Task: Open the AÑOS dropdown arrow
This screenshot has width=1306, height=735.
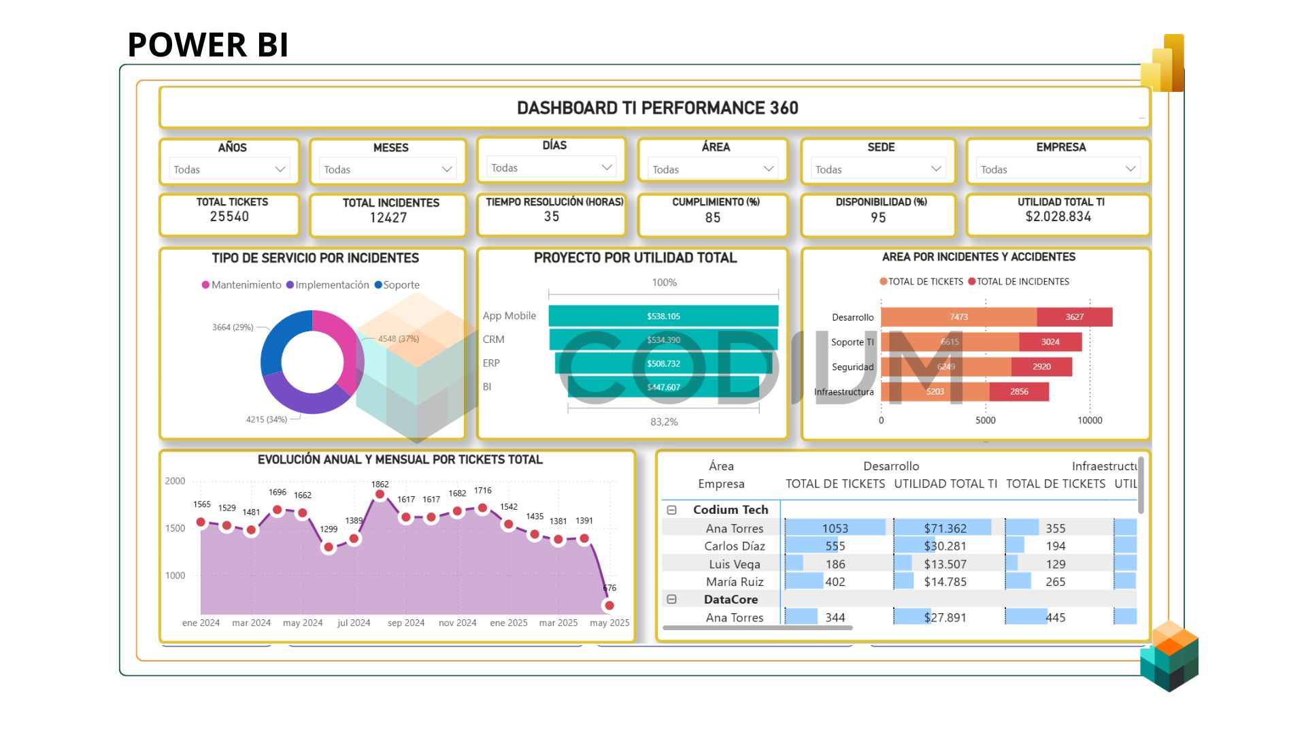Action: pos(280,169)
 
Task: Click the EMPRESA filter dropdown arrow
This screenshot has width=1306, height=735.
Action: pos(1130,169)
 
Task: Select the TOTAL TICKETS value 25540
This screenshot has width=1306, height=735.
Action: pos(229,216)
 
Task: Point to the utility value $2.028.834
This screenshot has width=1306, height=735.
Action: pos(1058,216)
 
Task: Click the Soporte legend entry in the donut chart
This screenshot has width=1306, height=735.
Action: pos(397,285)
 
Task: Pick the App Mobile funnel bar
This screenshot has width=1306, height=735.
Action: pos(663,316)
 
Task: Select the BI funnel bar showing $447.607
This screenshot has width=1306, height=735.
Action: pos(663,387)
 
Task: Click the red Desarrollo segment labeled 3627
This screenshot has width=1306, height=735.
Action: pos(1074,317)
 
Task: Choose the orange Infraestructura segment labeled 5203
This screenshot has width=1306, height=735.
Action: pos(935,392)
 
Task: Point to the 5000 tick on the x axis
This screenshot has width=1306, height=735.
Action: pos(985,421)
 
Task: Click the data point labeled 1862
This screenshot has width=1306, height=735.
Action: pos(380,495)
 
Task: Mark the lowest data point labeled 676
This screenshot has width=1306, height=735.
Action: pos(609,605)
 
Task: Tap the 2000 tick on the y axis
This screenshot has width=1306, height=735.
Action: pos(175,481)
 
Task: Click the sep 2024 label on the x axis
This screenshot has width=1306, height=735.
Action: pos(406,623)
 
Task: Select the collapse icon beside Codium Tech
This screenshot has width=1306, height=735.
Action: pos(671,510)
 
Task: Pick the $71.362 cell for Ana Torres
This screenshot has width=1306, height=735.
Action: pos(945,528)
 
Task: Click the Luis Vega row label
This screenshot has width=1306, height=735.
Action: pos(735,564)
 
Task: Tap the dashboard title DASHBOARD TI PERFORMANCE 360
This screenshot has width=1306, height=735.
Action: pos(657,108)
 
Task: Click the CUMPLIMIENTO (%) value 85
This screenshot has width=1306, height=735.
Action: pos(712,218)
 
